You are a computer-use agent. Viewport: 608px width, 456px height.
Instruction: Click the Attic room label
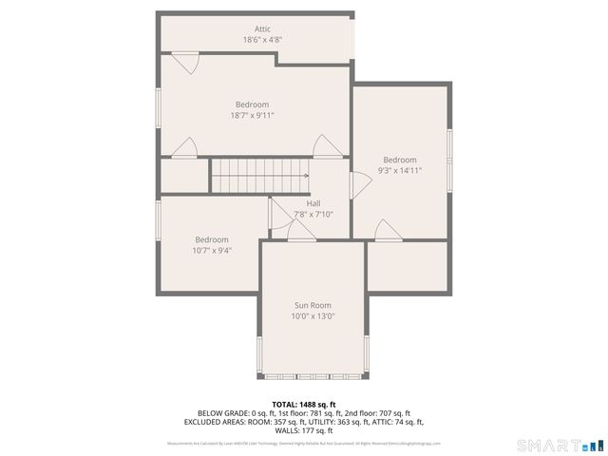coord(262,29)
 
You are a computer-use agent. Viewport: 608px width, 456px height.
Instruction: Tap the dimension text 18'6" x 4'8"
coord(262,40)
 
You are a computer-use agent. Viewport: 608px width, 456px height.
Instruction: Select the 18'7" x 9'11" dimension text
coord(253,115)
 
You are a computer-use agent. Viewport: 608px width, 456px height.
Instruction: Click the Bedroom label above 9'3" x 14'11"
coord(400,160)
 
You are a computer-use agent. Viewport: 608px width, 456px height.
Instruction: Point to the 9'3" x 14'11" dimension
coord(400,171)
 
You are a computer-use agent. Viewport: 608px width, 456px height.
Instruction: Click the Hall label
coord(313,203)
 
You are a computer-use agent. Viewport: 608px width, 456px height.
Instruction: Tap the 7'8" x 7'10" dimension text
coord(313,215)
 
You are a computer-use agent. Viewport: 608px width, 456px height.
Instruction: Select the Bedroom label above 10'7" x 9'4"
coord(212,239)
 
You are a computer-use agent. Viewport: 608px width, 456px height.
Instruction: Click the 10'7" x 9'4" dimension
coord(212,251)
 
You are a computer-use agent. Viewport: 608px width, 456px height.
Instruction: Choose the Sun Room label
coord(313,305)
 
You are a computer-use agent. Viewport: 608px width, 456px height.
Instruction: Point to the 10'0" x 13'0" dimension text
coord(313,316)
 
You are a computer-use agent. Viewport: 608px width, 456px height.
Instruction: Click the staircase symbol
coord(258,175)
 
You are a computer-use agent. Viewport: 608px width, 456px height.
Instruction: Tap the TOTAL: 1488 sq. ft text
coord(303,404)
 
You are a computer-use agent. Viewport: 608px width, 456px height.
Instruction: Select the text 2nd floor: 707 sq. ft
coord(373,413)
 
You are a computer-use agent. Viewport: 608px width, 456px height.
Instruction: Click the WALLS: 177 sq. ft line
coord(303,430)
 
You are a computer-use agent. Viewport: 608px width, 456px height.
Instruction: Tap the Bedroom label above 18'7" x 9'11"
coord(253,104)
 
